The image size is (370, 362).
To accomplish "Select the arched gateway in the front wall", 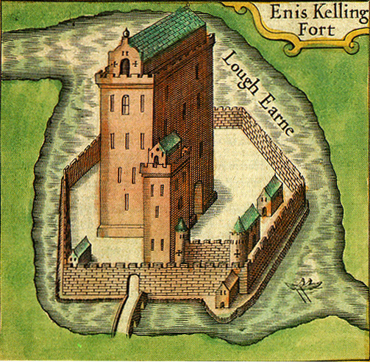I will click(135, 282).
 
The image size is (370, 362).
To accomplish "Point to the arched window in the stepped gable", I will click(124, 65).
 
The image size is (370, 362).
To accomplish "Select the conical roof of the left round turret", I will click(181, 224).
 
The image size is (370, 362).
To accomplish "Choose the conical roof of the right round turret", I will click(238, 225).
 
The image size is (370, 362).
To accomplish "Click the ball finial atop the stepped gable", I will click(125, 32).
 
